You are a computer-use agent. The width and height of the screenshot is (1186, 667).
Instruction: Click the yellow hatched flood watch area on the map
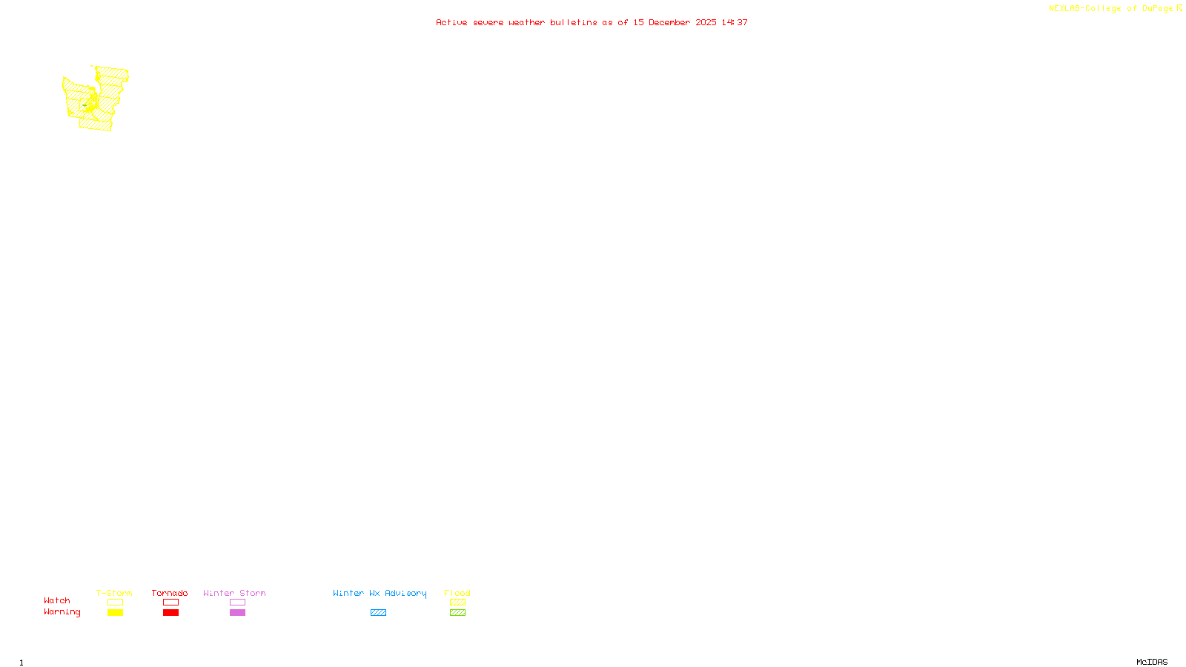95,100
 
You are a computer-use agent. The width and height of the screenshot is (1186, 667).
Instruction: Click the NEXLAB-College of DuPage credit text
1110,9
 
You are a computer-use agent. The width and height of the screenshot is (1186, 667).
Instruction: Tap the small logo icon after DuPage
1179,8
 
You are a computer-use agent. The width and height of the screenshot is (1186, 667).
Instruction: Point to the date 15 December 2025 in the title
675,22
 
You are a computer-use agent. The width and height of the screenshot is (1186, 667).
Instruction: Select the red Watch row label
57,600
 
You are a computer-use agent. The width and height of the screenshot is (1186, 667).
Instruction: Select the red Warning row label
62,612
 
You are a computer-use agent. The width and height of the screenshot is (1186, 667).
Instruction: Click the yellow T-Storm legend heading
114,593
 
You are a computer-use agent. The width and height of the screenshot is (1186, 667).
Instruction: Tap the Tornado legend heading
170,593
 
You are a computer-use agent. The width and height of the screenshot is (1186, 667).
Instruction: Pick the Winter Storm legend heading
234,593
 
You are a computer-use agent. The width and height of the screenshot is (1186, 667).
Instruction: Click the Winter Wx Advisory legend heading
380,593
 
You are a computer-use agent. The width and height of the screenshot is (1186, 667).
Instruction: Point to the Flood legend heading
457,593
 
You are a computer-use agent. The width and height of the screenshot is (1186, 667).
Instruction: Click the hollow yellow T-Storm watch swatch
115,603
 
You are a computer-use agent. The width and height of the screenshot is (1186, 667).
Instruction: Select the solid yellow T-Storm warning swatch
115,613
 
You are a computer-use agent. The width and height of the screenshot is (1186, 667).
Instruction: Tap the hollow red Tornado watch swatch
170,603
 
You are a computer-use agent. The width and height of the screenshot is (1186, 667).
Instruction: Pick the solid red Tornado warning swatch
170,613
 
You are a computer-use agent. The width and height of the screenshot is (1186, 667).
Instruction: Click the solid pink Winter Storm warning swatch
237,613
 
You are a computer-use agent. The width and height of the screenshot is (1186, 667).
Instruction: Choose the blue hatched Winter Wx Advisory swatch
378,613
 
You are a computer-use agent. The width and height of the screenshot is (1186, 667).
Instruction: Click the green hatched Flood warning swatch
457,613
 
